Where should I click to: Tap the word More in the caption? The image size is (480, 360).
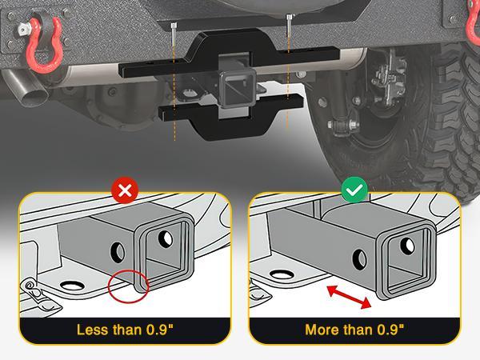click(x=322, y=330)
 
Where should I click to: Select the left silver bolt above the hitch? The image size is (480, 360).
click(x=174, y=37)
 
